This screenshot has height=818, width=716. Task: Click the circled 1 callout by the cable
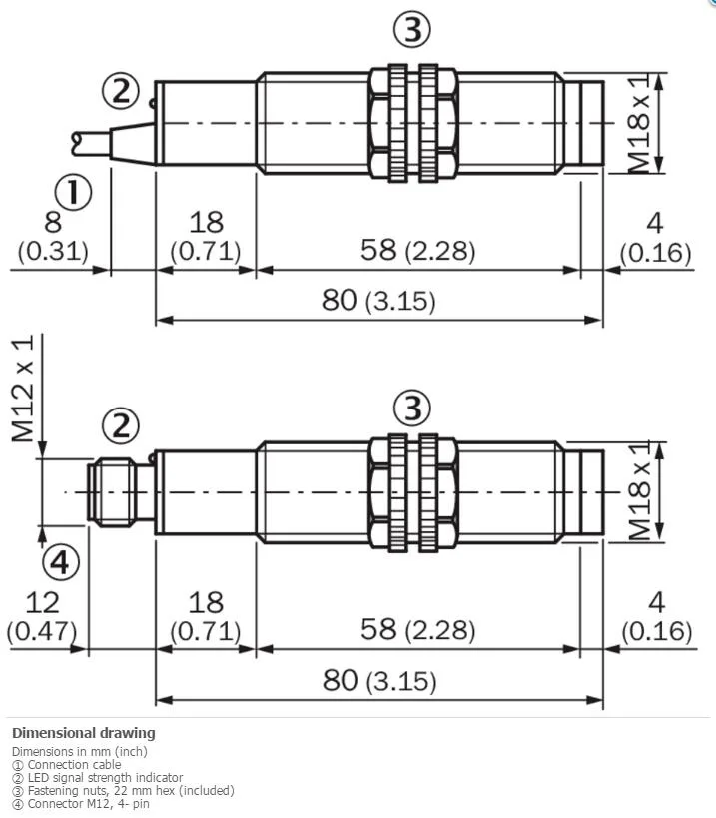coord(73,192)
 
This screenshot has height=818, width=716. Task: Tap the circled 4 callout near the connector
coord(61,562)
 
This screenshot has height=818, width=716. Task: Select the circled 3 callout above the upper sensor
coord(412,29)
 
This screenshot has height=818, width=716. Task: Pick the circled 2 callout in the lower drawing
coord(121,425)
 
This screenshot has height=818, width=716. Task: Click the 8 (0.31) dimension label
coord(53,236)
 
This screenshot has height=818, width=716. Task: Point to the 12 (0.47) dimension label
coord(42,616)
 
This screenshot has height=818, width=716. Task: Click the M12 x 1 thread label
coord(23,389)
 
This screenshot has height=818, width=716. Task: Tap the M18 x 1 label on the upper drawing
coord(638,123)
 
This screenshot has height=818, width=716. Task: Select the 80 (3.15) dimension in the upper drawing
coord(378,300)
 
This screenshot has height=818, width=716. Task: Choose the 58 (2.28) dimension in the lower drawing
coord(417,629)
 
